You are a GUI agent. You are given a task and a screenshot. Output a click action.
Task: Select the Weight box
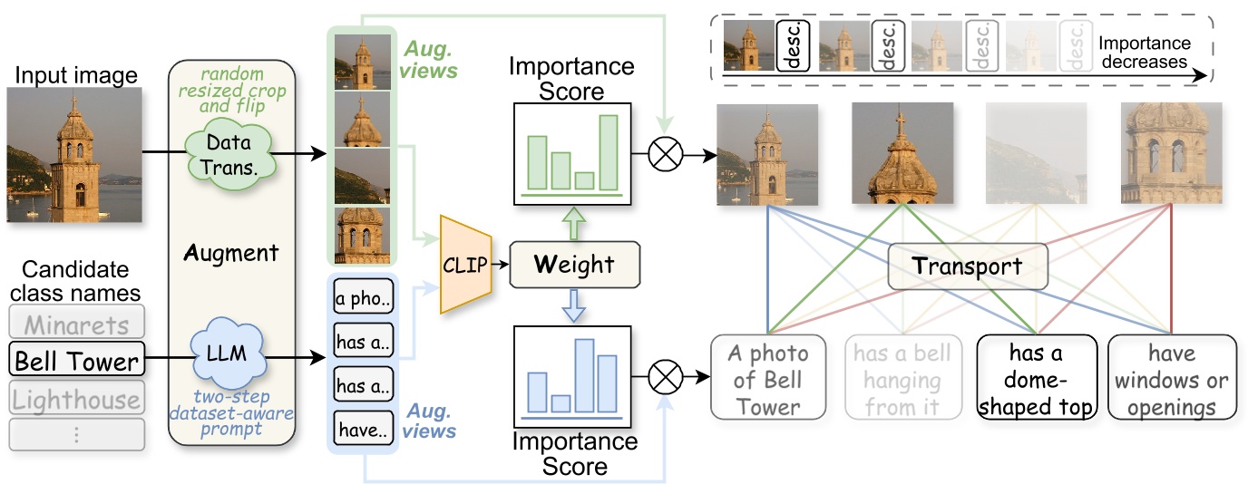click(x=576, y=265)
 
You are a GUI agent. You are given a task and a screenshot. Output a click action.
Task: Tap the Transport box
click(x=967, y=267)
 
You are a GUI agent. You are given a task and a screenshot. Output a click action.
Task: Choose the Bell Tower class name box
click(x=76, y=363)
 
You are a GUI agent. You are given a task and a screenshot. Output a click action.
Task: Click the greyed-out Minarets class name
click(x=76, y=323)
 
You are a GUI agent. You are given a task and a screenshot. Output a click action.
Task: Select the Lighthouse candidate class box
click(x=76, y=400)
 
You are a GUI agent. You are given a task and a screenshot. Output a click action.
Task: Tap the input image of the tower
click(x=74, y=155)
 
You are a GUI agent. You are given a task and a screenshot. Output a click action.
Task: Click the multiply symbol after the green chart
click(x=667, y=154)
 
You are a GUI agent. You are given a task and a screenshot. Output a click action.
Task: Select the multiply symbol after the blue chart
click(x=667, y=373)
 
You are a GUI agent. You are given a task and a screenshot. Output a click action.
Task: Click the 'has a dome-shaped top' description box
click(x=1037, y=378)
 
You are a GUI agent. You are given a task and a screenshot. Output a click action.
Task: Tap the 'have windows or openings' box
click(x=1172, y=378)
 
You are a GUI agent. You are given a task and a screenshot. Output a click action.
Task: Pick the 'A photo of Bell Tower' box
click(x=768, y=378)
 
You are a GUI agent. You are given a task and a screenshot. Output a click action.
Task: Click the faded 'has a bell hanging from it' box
click(x=902, y=378)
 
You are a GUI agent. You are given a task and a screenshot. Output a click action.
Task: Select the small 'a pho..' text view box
click(x=361, y=299)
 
